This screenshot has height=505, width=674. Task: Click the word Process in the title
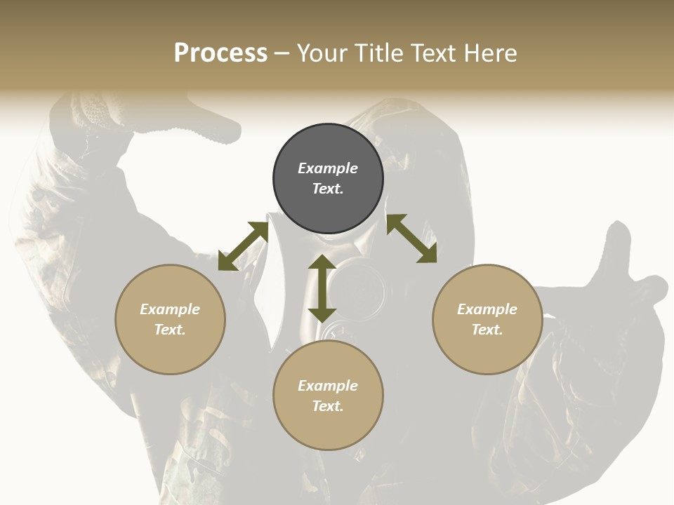(220, 53)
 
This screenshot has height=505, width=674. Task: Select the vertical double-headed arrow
(322, 288)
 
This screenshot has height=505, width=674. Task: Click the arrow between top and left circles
(243, 246)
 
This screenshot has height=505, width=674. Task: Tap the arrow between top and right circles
(411, 238)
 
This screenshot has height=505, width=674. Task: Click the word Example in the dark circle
(328, 168)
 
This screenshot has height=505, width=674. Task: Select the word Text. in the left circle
(170, 330)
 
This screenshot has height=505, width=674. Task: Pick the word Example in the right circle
(487, 309)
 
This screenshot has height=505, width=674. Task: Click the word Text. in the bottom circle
(328, 406)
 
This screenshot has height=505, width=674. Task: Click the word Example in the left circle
(170, 309)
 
